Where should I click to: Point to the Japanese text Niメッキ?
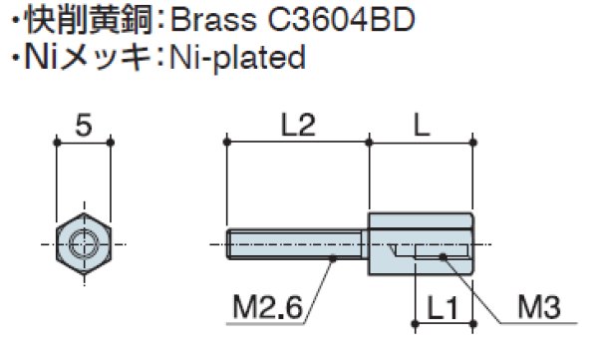(83, 59)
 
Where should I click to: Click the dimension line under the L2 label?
(298, 144)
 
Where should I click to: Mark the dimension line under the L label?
(420, 144)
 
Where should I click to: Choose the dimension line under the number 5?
(84, 144)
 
